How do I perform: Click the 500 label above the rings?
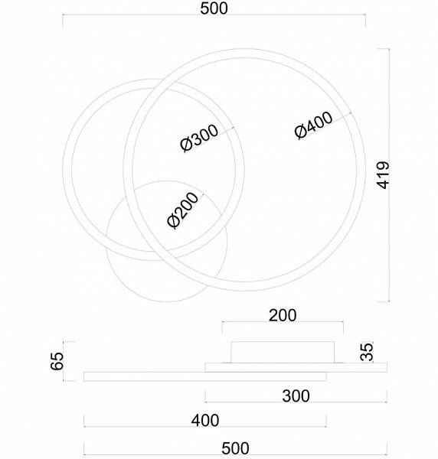(x=214, y=8)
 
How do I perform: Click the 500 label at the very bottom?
(x=235, y=448)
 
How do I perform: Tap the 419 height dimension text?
(x=383, y=175)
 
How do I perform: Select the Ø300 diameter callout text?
(x=199, y=138)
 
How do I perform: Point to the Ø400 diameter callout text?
(x=314, y=125)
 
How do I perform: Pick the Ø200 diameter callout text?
(x=183, y=210)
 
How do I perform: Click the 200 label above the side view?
(x=283, y=315)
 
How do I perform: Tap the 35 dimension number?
(x=367, y=352)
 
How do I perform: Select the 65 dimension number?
(x=57, y=361)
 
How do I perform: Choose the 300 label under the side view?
(x=296, y=396)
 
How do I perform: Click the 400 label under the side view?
(x=205, y=421)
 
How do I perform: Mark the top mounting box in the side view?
(x=283, y=352)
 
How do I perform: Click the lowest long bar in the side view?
(x=205, y=376)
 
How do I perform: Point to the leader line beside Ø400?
(x=325, y=125)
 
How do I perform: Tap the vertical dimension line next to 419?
(x=389, y=175)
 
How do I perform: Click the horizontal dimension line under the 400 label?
(x=205, y=427)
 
